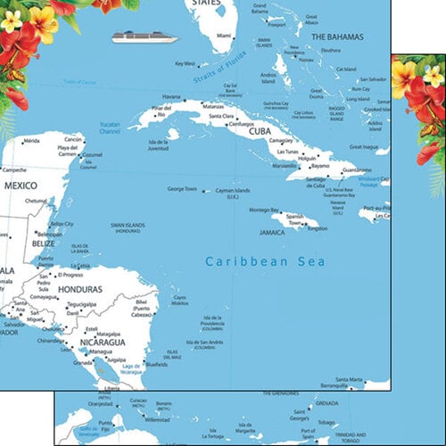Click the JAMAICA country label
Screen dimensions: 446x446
(x=266, y=231)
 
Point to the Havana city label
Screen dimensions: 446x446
(x=171, y=96)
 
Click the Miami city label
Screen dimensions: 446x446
(x=224, y=37)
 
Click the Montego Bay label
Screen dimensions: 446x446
(x=264, y=210)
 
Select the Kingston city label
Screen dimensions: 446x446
(x=318, y=228)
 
